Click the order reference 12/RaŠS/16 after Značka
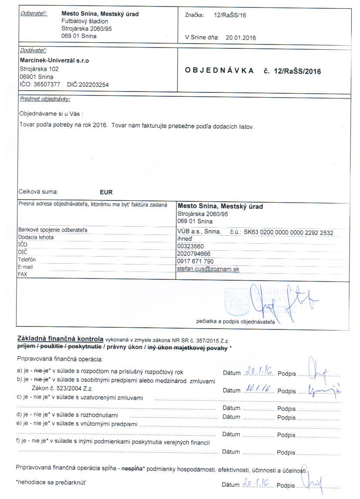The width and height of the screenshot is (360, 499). pos(230,15)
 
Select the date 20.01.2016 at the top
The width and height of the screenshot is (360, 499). pos(240,37)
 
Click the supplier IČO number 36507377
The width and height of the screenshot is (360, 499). pos(47,85)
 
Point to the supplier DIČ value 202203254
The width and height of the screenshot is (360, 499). pos(93,85)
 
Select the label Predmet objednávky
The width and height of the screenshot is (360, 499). pos(44,99)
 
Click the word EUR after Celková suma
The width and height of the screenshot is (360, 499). pos(106,192)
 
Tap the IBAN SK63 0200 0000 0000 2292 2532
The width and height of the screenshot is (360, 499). pos(288,233)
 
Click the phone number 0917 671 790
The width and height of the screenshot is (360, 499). pos(195,261)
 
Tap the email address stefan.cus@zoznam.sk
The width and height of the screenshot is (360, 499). pos(208,269)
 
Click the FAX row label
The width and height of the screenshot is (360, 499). pos(23,275)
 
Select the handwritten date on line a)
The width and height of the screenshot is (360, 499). pos(259,372)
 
